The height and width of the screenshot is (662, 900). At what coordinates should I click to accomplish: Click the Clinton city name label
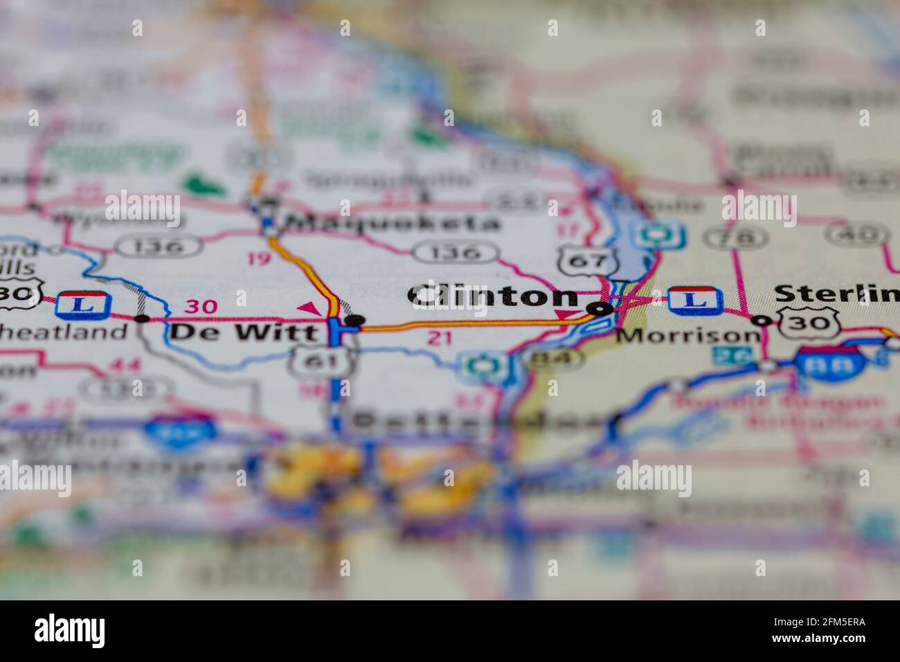(494, 296)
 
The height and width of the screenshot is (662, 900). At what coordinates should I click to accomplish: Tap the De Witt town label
(244, 332)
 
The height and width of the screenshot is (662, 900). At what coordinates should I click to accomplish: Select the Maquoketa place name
(393, 223)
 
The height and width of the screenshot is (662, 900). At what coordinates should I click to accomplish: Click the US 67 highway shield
(588, 262)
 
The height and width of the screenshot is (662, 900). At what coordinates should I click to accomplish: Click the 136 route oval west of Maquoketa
(160, 246)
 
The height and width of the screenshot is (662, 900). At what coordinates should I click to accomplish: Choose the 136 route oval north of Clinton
(456, 252)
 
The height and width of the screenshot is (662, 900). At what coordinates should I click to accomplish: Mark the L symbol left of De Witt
(84, 305)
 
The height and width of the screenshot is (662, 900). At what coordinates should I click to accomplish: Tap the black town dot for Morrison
(762, 320)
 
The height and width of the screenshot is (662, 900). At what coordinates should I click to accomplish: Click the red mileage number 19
(259, 259)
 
